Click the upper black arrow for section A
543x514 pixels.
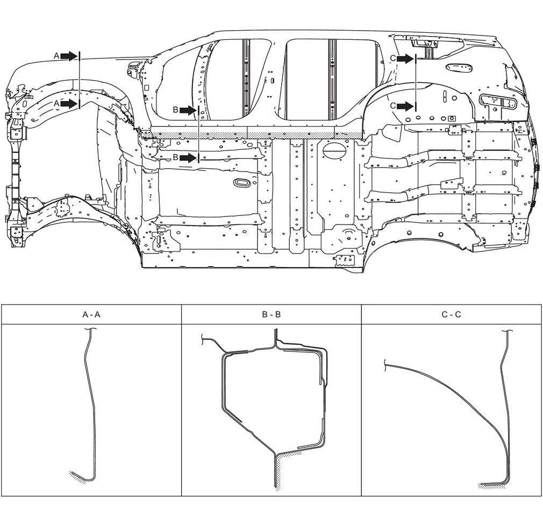pos(70,56)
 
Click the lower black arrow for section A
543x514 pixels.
pos(70,104)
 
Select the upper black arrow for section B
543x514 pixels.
pos(188,110)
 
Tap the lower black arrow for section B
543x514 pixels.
pos(188,158)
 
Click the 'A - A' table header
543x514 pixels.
pos(91,314)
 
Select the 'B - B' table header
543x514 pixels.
pos(271,314)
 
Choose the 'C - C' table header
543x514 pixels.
pos(452,314)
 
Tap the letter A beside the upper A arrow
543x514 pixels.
pos(57,56)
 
